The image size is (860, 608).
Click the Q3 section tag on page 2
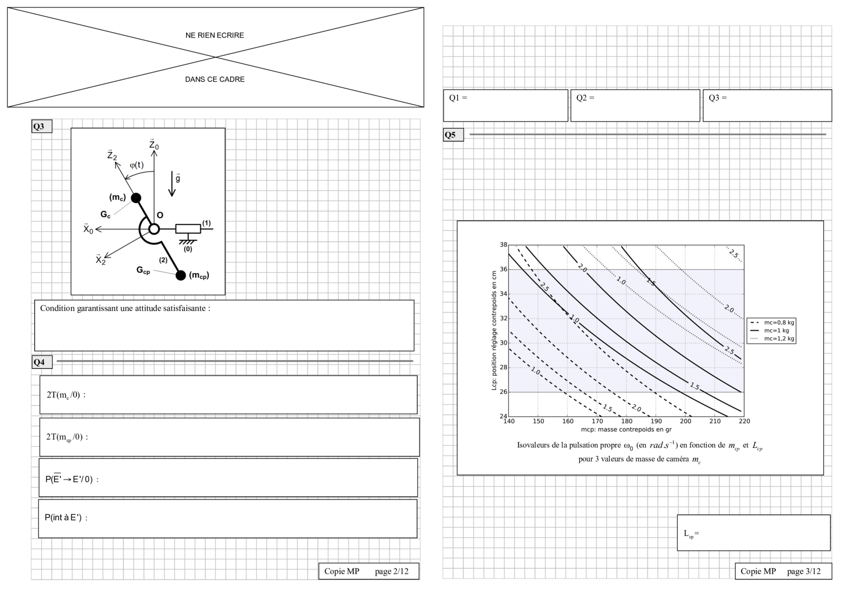click(x=42, y=126)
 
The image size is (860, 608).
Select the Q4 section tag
click(x=42, y=362)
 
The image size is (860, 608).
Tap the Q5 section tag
click(x=453, y=135)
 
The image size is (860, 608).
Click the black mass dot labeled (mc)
click(x=136, y=198)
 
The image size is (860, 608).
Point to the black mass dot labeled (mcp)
click(x=181, y=275)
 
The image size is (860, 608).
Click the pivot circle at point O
click(x=154, y=229)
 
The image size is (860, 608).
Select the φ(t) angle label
click(x=137, y=165)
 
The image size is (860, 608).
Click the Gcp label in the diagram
click(x=143, y=270)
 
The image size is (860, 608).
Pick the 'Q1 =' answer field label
click(x=458, y=98)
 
